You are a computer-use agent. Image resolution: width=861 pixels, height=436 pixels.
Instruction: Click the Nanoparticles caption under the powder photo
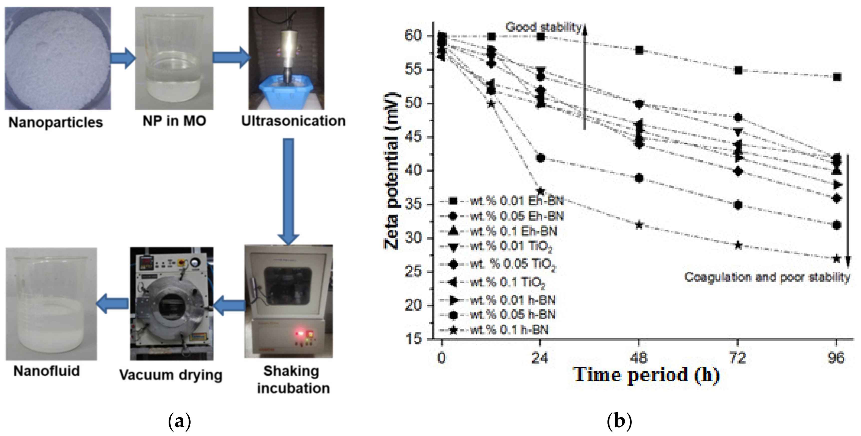(55, 122)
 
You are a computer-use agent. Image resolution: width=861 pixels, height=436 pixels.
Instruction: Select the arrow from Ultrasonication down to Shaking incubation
(288, 191)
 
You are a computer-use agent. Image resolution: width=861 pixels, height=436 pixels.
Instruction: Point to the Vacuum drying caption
(171, 375)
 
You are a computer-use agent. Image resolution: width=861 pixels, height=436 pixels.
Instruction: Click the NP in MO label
(174, 121)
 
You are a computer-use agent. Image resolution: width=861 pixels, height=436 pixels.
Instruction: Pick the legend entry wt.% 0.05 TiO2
(513, 264)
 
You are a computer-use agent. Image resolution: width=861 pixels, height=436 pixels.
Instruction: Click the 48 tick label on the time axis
(639, 358)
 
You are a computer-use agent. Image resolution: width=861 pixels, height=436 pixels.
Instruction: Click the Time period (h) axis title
(646, 375)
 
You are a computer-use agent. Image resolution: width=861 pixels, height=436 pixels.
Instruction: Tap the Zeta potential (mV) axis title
(391, 170)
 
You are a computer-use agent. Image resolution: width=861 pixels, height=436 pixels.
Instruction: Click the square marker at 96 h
(837, 77)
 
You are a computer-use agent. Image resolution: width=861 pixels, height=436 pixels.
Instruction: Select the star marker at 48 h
(639, 225)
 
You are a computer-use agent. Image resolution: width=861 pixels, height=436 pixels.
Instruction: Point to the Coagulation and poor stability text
(767, 277)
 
